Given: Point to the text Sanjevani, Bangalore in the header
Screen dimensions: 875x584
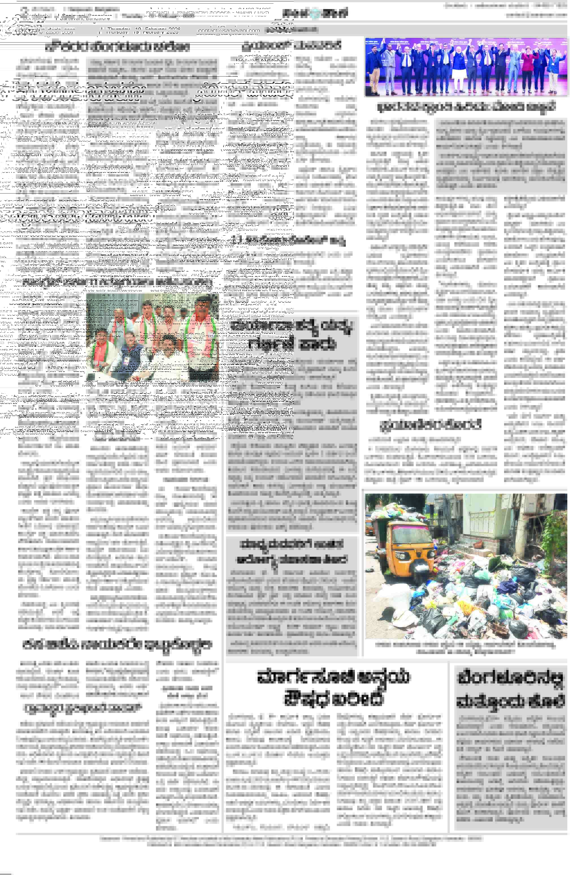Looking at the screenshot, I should [x=85, y=18].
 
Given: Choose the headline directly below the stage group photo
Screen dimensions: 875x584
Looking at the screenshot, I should [x=466, y=107].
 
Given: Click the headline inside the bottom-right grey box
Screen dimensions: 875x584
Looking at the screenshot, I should [x=510, y=690].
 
